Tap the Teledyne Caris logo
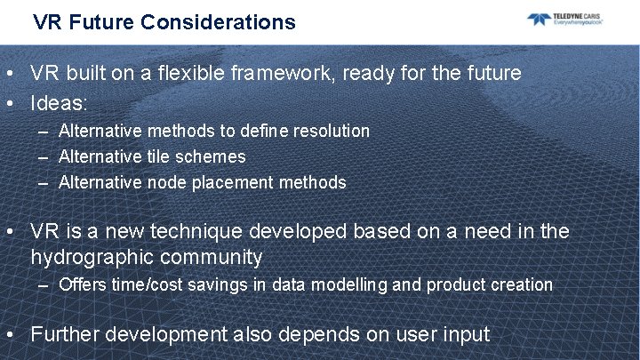(565, 20)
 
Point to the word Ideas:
(59, 103)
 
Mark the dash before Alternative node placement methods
(44, 182)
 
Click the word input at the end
(464, 334)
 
